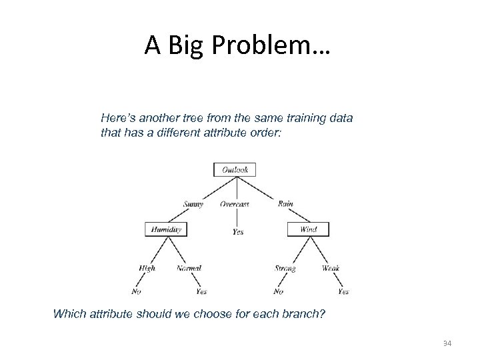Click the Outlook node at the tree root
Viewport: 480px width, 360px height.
[x=235, y=170]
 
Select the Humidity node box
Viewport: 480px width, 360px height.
[x=166, y=229]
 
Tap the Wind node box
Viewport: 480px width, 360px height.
[x=308, y=229]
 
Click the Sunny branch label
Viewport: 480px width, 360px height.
[x=193, y=204]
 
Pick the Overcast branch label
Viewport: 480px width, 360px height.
[x=235, y=204]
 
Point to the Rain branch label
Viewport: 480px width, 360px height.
[x=285, y=204]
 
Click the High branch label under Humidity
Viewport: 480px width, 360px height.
[x=147, y=268]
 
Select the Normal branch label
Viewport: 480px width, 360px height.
[x=189, y=268]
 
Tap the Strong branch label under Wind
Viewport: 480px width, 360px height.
[x=285, y=268]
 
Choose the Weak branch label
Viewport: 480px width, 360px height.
[x=331, y=268]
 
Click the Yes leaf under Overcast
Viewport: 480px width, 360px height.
[x=238, y=232]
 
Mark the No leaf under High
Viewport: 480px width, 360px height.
[x=137, y=291]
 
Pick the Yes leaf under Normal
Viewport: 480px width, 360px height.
[x=201, y=291]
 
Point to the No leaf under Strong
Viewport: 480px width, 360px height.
[x=278, y=291]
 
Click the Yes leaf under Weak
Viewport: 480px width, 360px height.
[x=343, y=291]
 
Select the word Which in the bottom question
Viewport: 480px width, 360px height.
[x=69, y=313]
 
